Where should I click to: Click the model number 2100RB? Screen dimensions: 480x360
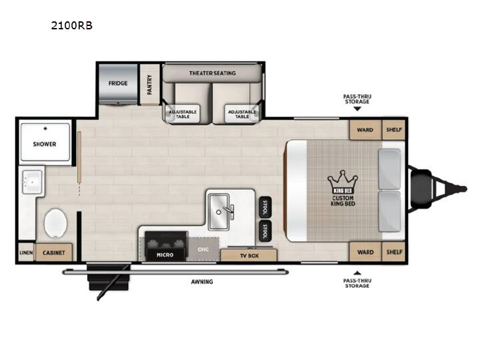click(x=71, y=25)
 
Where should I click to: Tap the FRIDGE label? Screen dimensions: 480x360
click(x=118, y=83)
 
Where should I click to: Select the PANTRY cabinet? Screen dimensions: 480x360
click(x=150, y=84)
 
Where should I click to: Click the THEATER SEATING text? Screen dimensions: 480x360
click(x=212, y=73)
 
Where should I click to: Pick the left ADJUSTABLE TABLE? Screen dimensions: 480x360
click(x=183, y=114)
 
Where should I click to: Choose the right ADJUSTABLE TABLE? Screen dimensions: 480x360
click(x=242, y=114)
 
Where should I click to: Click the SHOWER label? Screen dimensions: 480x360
click(x=45, y=144)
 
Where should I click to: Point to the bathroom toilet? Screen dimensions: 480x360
click(x=55, y=223)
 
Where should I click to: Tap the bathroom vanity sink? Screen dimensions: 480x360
click(x=32, y=182)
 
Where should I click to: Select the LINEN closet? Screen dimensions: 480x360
click(x=26, y=253)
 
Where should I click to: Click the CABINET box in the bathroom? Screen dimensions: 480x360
click(x=54, y=253)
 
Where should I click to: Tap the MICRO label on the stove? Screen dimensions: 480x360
click(x=165, y=255)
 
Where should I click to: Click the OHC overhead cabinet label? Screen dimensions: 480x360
click(x=203, y=249)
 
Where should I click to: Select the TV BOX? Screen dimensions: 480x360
click(x=249, y=255)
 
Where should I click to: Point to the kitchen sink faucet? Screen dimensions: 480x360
click(x=229, y=211)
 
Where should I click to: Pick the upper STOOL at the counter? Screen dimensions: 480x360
click(x=265, y=207)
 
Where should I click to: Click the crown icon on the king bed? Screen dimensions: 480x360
click(x=343, y=183)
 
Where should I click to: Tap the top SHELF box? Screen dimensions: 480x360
click(x=394, y=130)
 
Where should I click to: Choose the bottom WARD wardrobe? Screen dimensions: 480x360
click(x=365, y=252)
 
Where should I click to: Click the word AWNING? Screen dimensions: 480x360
click(x=202, y=281)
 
